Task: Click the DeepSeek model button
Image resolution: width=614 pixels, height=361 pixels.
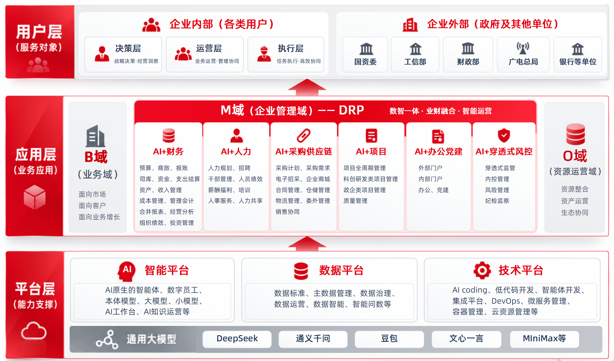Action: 237,339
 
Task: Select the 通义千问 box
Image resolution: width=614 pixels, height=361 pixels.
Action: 313,339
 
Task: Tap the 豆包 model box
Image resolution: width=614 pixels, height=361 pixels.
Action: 389,339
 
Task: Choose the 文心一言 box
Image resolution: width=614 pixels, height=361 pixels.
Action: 466,339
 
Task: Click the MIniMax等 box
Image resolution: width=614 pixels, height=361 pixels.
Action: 544,339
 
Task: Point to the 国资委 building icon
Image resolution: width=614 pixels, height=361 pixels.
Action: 366,49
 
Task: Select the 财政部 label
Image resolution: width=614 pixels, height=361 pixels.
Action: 468,62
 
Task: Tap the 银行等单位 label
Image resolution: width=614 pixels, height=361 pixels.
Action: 578,62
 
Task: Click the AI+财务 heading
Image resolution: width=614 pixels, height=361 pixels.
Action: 168,152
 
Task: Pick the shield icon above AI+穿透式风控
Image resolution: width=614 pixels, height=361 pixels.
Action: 504,135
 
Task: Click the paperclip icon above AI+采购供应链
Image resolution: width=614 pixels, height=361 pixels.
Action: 303,135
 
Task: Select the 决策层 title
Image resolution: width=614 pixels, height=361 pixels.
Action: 128,48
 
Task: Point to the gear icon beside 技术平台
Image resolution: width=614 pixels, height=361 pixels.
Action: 482,270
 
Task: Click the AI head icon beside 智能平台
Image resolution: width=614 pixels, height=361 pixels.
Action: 127,271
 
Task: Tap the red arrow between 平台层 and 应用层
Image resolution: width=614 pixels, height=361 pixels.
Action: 307,244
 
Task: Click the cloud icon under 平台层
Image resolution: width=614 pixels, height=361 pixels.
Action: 34,331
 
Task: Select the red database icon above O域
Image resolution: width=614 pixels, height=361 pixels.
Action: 575,134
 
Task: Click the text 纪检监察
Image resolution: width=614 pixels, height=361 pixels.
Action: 497,201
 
